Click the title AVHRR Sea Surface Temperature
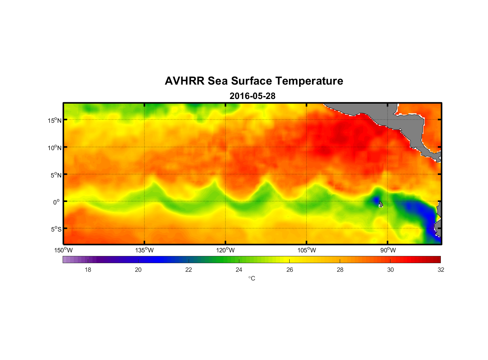point(254,81)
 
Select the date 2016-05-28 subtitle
point(252,96)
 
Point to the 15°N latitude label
point(55,120)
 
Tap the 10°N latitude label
point(55,148)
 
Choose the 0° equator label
point(57,202)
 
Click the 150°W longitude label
point(64,250)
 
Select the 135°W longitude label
point(144,250)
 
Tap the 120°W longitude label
point(226,250)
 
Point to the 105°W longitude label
point(307,250)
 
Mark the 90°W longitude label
point(388,250)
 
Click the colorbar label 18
point(88,270)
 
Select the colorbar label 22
point(189,270)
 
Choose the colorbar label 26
point(290,270)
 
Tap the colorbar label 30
point(390,270)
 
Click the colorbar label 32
point(441,270)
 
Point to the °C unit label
point(252,278)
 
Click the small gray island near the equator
point(380,204)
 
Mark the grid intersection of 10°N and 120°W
point(226,147)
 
